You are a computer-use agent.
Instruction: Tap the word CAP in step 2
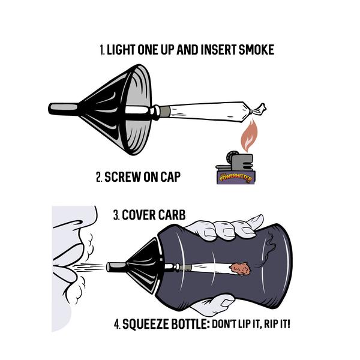(167, 177)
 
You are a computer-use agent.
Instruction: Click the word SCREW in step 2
(122, 177)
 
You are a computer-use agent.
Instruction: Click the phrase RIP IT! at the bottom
(289, 325)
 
